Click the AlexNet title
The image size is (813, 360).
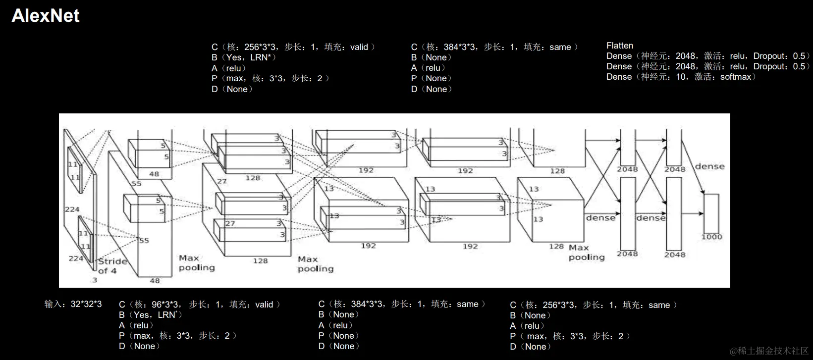(46, 16)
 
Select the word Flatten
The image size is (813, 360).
(620, 46)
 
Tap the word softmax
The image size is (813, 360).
(736, 77)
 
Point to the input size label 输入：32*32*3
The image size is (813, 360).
(73, 304)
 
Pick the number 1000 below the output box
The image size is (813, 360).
(711, 237)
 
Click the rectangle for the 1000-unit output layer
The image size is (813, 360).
(711, 213)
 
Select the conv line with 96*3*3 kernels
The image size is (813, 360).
(200, 305)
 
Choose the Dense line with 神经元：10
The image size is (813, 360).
(681, 77)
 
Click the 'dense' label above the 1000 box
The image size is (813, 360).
(709, 166)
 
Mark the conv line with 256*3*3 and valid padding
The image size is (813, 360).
(293, 47)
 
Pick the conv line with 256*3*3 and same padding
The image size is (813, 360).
(594, 305)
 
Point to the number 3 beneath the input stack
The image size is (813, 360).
(95, 280)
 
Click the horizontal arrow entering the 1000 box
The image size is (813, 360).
(694, 213)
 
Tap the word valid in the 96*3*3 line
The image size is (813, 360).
(264, 305)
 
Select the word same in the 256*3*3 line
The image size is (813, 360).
(659, 305)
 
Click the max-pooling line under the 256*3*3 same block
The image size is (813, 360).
(570, 336)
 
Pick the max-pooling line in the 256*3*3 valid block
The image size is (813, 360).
(271, 78)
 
